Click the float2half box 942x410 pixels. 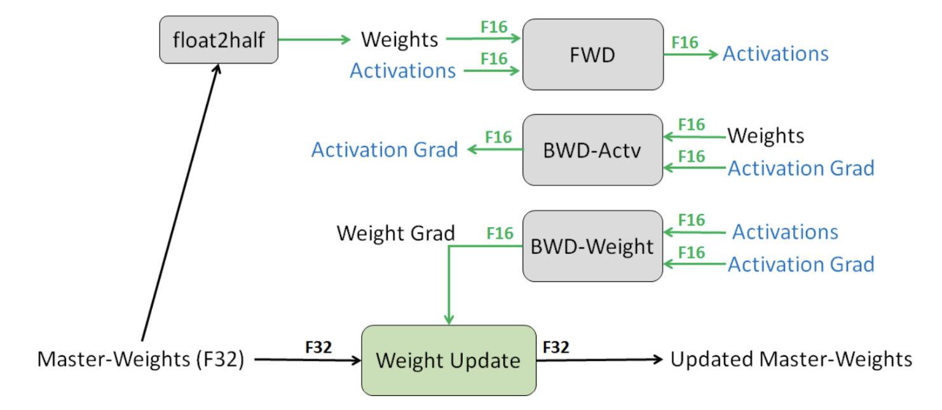pos(219,40)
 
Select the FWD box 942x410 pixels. pos(593,54)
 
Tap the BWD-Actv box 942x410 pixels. pos(592,150)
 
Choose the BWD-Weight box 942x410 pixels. pos(592,246)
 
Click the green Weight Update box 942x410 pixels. pos(449,360)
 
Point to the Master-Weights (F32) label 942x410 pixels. pos(140,360)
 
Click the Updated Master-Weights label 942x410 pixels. pos(791,360)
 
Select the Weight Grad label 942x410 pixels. pos(396,234)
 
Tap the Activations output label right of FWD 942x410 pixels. pos(775,54)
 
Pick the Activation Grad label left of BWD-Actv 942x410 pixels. pos(385,150)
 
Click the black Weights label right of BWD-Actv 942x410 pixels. pos(766,136)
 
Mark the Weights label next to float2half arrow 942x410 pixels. pos(400,40)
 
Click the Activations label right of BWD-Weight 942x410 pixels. pos(785,232)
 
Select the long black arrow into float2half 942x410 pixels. pos(181,202)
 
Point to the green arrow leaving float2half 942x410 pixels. pos(314,39)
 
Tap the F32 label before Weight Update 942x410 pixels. pos(318,347)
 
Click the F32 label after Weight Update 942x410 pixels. pos(556,347)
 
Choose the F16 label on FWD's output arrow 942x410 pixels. pos(685,43)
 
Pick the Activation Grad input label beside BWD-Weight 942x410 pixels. pos(801,265)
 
